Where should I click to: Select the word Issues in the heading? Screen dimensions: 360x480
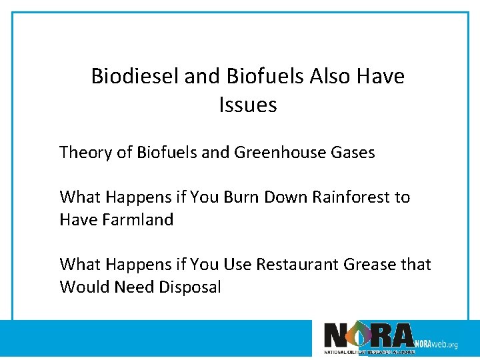pyautogui.click(x=247, y=105)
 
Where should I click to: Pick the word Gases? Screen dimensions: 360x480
pyautogui.click(x=353, y=153)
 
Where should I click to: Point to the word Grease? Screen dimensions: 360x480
pyautogui.click(x=369, y=265)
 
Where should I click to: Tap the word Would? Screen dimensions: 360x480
pyautogui.click(x=80, y=287)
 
